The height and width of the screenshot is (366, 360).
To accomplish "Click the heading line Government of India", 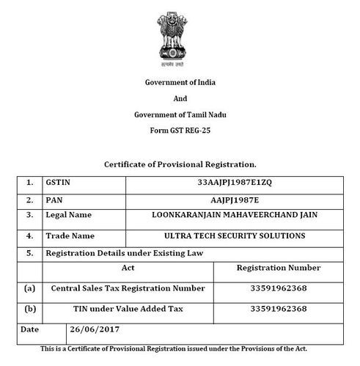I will [180, 81].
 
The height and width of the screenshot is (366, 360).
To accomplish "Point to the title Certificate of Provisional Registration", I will [180, 164].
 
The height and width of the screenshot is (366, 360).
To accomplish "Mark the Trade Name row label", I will [70, 236].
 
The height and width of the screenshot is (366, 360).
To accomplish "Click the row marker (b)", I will [29, 309].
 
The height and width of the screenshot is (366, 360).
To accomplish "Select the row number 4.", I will [29, 236].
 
